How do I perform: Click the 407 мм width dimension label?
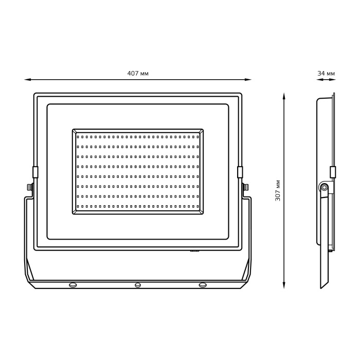(x=138, y=74)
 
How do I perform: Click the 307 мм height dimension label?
(x=278, y=191)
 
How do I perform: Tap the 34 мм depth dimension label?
(x=326, y=74)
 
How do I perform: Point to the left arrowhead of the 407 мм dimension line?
(x=28, y=80)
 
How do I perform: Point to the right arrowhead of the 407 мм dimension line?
(x=248, y=80)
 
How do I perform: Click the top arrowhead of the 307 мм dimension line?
(x=284, y=97)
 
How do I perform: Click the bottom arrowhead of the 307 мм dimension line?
(x=284, y=285)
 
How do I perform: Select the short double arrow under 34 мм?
(x=326, y=80)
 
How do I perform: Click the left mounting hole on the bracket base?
(x=73, y=285)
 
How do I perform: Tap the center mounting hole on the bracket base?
(x=137, y=285)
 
